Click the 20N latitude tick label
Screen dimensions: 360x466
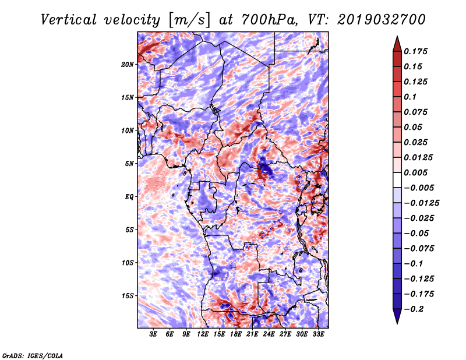pos(128,64)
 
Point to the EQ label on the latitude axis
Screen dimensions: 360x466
pos(129,196)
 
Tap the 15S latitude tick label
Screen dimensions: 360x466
pos(128,295)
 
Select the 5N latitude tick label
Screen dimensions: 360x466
pos(129,163)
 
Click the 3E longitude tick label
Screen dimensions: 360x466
pos(154,334)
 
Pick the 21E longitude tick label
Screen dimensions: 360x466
pos(253,334)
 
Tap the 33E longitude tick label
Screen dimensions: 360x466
pos(319,334)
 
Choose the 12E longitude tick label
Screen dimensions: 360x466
pos(203,334)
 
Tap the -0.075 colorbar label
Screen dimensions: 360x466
pos(420,248)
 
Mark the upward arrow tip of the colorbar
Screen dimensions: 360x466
pos(397,37)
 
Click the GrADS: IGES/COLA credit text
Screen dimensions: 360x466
pos(33,355)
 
